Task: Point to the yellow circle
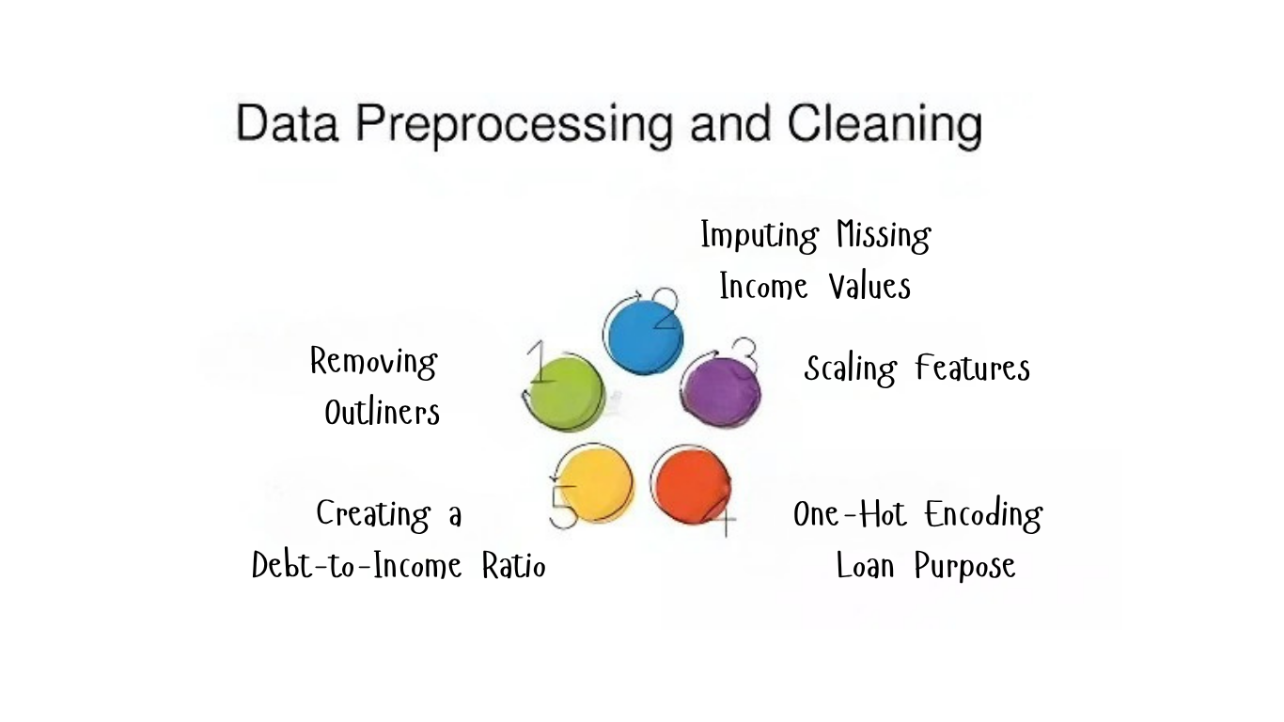coord(594,484)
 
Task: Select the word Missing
coord(884,235)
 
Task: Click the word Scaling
coord(850,369)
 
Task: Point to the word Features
coord(973,368)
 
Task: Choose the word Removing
coord(373,362)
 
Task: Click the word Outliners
coord(382,412)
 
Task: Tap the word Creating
coord(373,515)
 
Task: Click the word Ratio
coord(513,566)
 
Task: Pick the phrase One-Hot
coord(850,514)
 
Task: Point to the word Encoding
coord(983,515)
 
